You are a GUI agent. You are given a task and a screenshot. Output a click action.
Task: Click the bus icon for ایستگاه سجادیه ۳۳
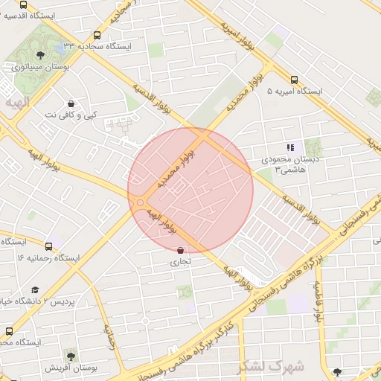pos(97,35)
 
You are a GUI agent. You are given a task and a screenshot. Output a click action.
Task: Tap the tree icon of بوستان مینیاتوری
pos(40,54)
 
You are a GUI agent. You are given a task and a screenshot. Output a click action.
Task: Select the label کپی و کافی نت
pos(71,115)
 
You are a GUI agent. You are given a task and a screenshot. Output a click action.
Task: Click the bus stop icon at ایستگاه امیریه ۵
pos(294,80)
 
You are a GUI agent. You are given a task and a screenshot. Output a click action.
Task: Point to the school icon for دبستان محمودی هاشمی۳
pos(290,147)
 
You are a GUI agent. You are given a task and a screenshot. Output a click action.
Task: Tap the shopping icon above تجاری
pos(181,250)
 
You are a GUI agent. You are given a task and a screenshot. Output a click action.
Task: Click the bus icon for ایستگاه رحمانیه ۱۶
pos(48,246)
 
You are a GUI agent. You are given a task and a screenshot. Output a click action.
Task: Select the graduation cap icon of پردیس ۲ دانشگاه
pos(35,289)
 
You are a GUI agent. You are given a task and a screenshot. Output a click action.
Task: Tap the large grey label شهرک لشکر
pos(270,367)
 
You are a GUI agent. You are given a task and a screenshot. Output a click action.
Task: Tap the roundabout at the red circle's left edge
pos(139,202)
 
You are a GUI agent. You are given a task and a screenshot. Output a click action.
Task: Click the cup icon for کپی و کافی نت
pos(71,103)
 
